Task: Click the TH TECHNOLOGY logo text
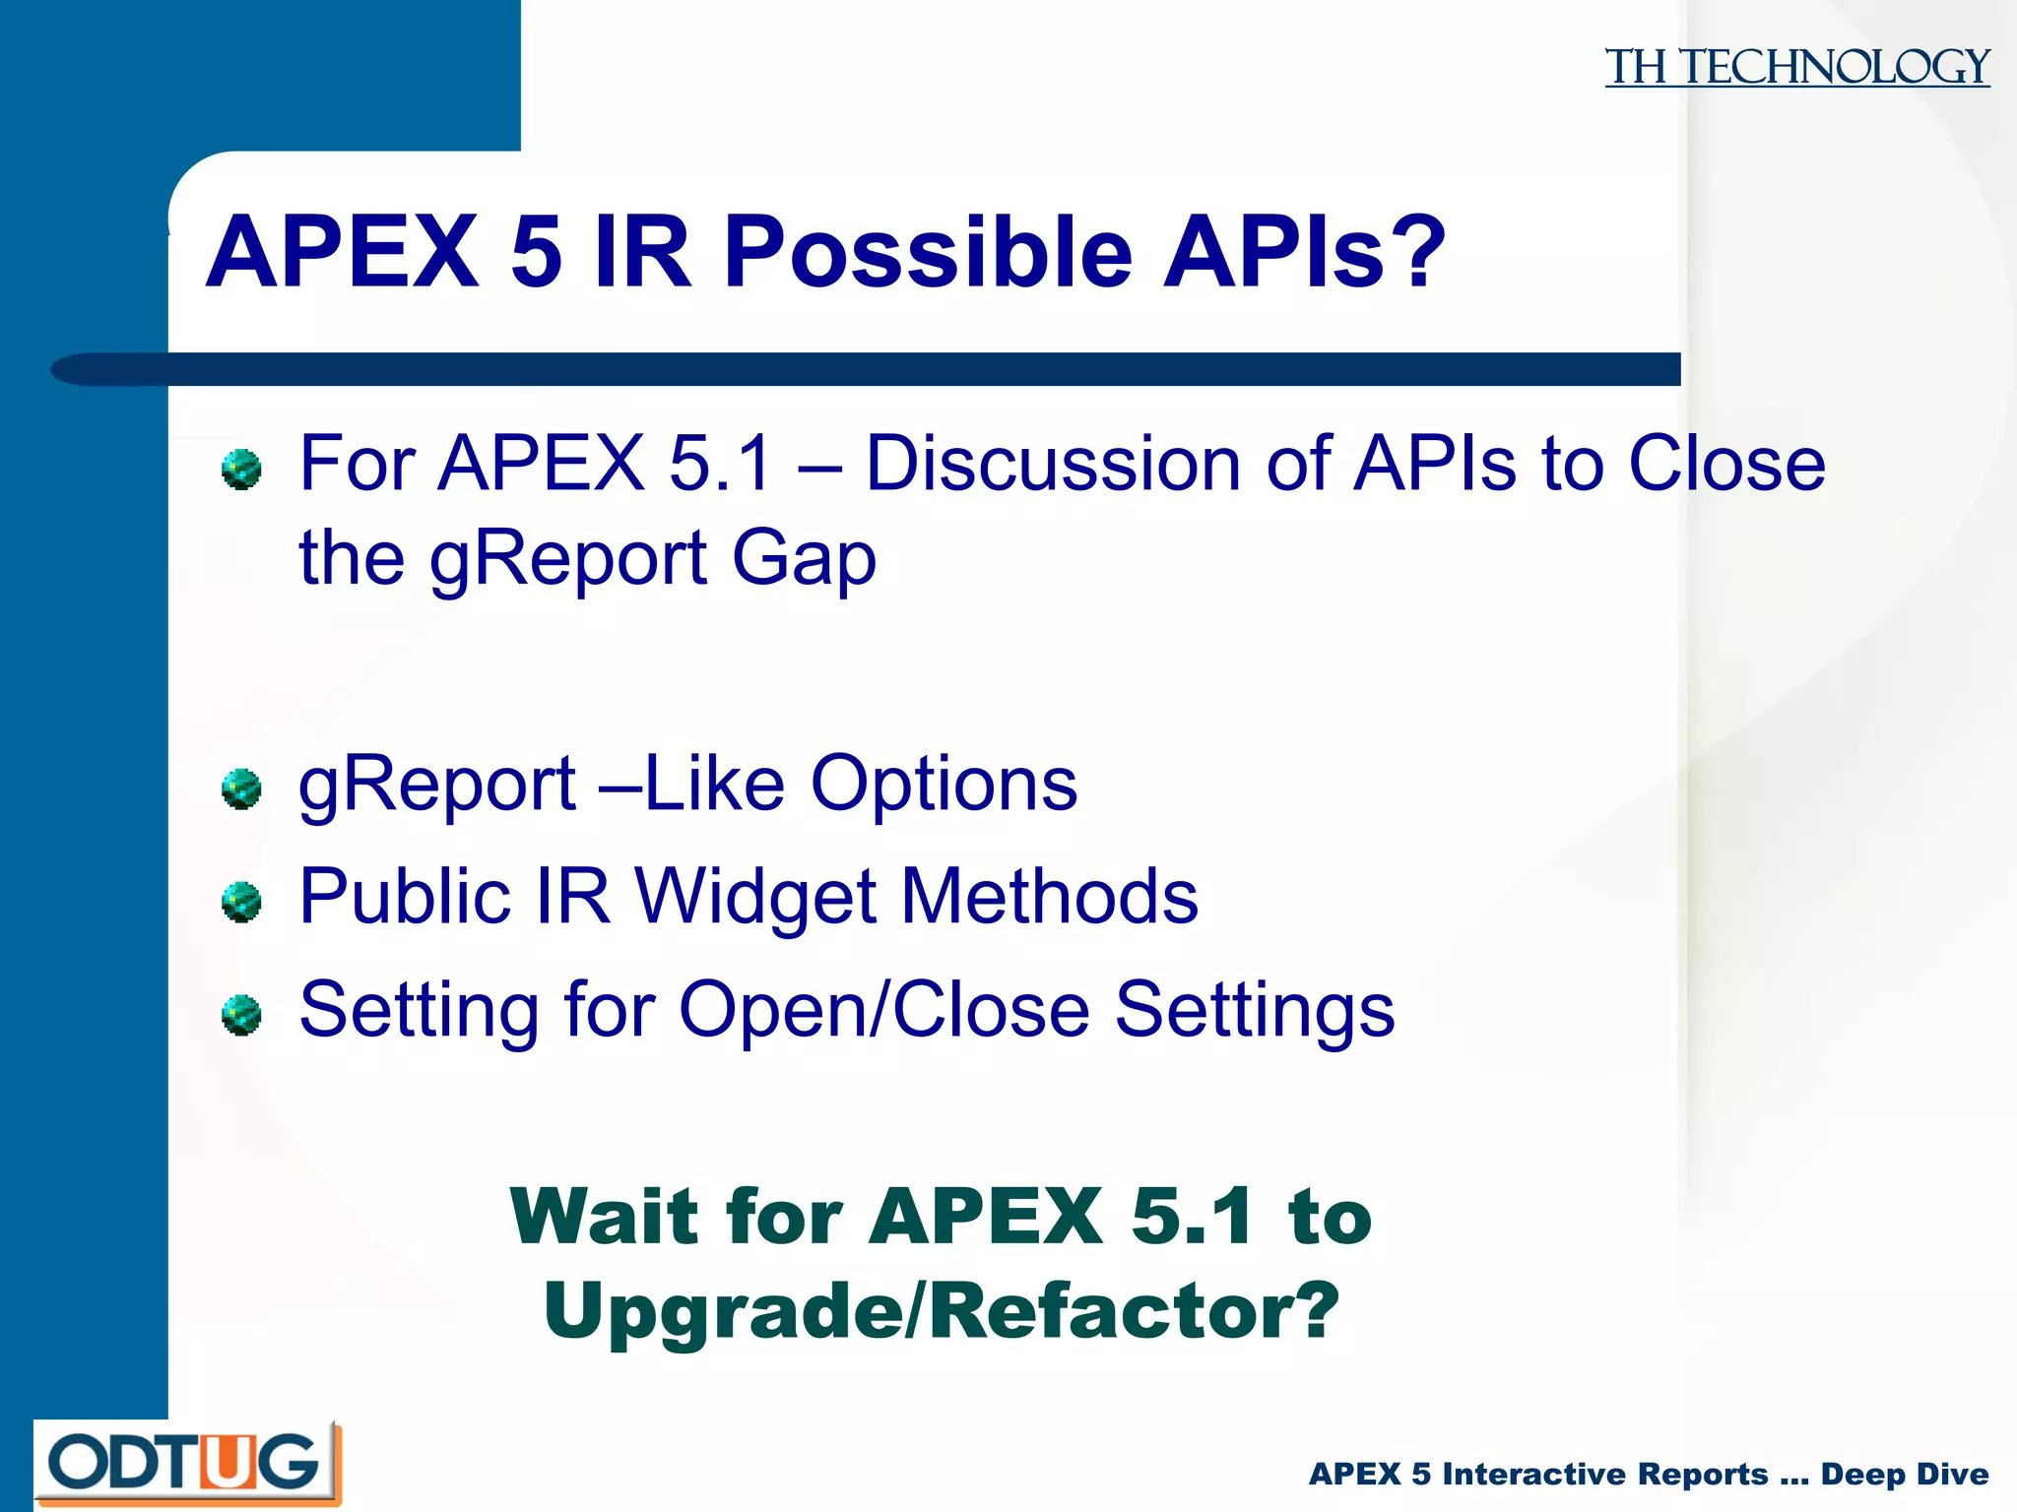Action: pyautogui.click(x=1796, y=67)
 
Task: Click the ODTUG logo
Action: pyautogui.click(x=187, y=1463)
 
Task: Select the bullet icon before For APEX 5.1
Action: pyautogui.click(x=241, y=469)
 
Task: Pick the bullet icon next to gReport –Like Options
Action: pyautogui.click(x=241, y=788)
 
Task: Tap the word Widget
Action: pyautogui.click(x=754, y=897)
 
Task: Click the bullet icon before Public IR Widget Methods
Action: pyautogui.click(x=241, y=902)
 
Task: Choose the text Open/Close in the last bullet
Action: pyautogui.click(x=883, y=1010)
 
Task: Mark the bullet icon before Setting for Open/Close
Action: pyautogui.click(x=241, y=1015)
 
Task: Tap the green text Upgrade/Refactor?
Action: pyautogui.click(x=941, y=1311)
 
